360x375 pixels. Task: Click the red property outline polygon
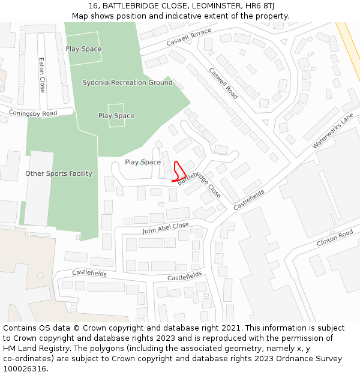coord(179,172)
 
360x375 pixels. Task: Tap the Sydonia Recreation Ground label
coord(127,83)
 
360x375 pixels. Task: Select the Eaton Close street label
coord(42,75)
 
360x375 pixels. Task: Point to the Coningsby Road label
coord(33,113)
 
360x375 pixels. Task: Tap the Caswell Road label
coord(223,83)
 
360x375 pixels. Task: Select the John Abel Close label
coord(166,229)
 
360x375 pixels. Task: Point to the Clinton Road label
coord(335,238)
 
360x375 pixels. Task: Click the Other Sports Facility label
coord(59,174)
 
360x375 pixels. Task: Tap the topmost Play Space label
coord(83,49)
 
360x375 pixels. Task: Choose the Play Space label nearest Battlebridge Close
coord(143,163)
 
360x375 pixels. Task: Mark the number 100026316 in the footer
coord(25,368)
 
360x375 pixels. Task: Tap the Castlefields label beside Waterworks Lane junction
coord(249,199)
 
